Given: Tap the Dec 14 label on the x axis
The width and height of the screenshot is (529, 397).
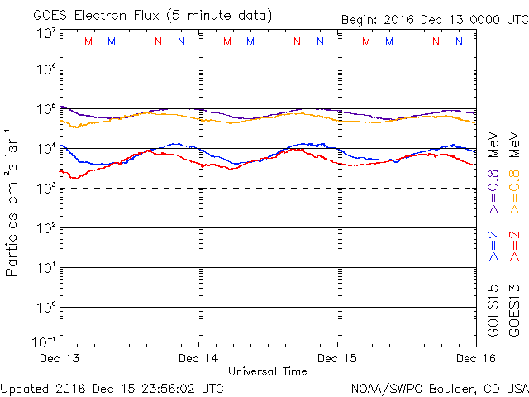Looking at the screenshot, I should click(199, 358).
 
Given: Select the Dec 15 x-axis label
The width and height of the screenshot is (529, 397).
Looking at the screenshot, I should click(337, 358).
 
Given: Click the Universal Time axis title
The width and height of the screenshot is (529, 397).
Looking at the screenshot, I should click(268, 371).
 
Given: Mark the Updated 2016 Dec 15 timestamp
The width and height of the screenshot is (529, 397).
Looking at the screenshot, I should click(112, 387).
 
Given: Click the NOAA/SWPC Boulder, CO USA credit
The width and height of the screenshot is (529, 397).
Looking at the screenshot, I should click(439, 387).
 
